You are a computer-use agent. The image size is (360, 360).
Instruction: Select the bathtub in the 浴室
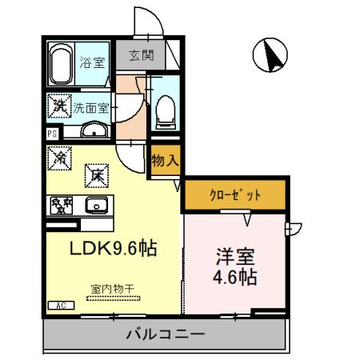click(61, 63)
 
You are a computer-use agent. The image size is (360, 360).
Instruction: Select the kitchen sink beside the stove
click(98, 206)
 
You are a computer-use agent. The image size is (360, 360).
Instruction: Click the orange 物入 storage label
click(165, 159)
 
